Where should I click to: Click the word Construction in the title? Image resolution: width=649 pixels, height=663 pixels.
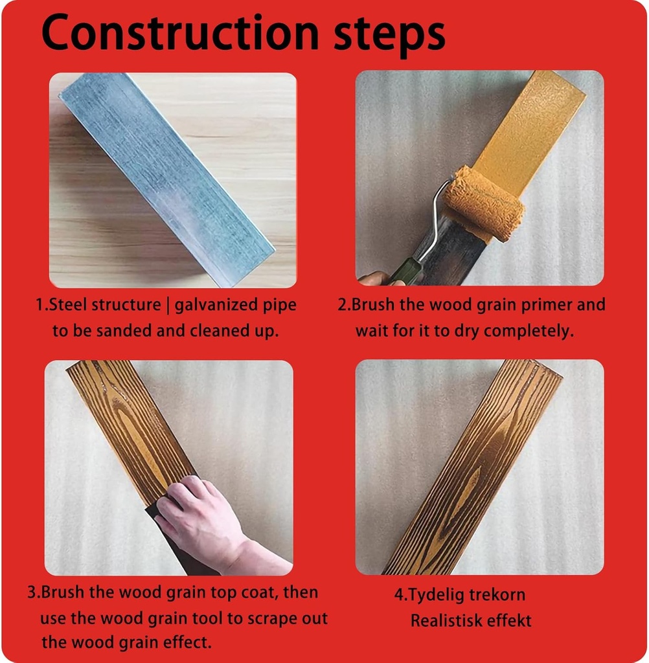pos(180,32)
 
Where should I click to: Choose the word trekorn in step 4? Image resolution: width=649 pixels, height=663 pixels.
pos(497,595)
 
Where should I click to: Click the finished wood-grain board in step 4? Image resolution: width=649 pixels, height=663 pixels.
pos(472,467)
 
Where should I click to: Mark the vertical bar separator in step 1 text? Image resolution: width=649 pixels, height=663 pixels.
pos(168,306)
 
